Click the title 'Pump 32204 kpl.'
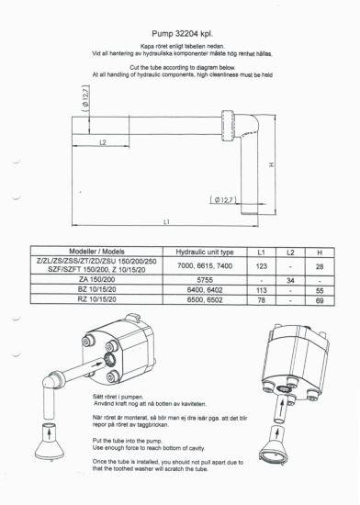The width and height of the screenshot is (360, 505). click(180, 30)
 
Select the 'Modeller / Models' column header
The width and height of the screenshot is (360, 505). click(89, 251)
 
